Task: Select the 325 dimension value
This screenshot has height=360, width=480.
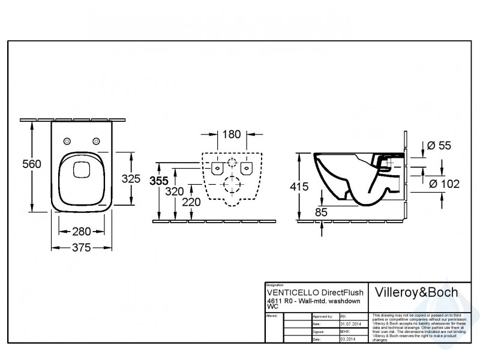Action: coord(130,178)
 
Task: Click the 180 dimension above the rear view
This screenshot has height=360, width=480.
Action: coord(232,135)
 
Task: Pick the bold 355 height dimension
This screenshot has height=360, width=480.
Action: coord(160,181)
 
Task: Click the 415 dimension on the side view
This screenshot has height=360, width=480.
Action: coord(298,187)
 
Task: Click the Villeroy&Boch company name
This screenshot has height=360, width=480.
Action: coord(416,292)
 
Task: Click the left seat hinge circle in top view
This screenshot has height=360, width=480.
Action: coord(66,141)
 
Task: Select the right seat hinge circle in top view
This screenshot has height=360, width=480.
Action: coord(95,141)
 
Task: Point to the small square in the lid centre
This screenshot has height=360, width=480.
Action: coord(80,170)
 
